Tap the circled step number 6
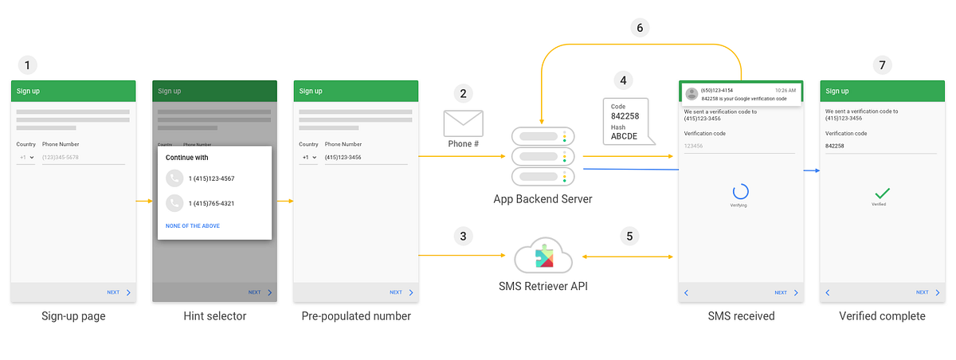[639, 28]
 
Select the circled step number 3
[463, 236]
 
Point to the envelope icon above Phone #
[463, 123]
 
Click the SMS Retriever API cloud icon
[544, 257]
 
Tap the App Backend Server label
[543, 199]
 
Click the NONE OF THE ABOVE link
[193, 226]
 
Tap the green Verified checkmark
[882, 193]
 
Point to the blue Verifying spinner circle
[740, 192]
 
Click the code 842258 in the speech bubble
[625, 116]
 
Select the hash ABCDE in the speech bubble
[625, 136]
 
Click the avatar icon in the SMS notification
[691, 94]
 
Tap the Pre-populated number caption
[356, 316]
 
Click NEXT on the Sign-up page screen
[114, 292]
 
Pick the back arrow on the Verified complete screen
[828, 292]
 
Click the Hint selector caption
[214, 316]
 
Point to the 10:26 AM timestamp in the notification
[786, 90]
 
